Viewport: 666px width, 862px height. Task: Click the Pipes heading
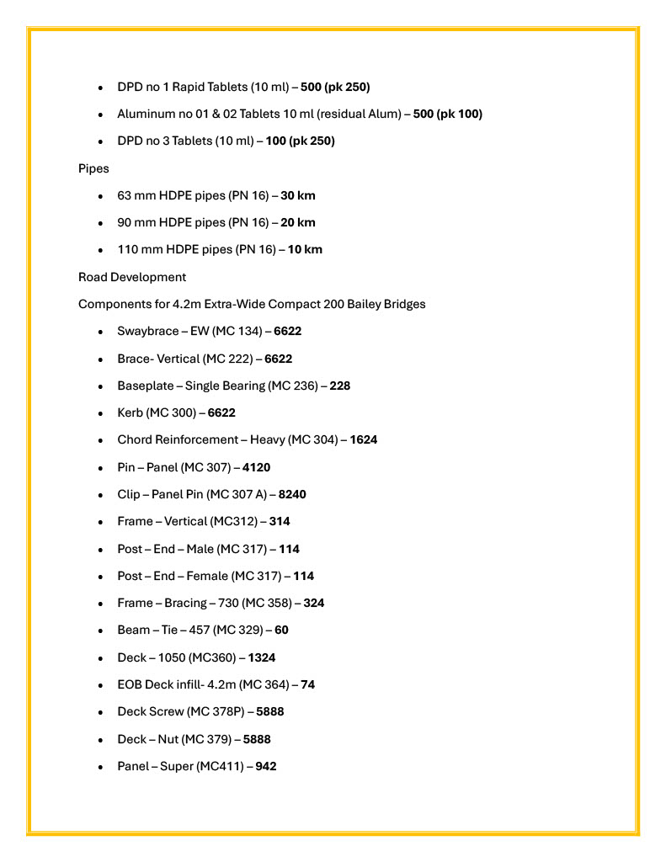click(x=93, y=168)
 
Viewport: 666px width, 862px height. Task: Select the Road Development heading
click(x=132, y=277)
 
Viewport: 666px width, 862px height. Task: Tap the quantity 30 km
click(x=298, y=195)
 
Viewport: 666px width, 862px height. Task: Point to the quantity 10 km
click(x=305, y=249)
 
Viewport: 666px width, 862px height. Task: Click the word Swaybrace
click(x=147, y=331)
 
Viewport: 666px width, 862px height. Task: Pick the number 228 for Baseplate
click(x=339, y=386)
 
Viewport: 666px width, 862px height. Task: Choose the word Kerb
click(x=131, y=412)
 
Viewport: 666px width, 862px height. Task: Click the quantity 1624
click(x=364, y=439)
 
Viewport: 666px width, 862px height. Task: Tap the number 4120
click(x=256, y=467)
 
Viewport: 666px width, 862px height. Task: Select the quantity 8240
click(x=292, y=494)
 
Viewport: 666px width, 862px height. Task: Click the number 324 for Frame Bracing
click(x=314, y=603)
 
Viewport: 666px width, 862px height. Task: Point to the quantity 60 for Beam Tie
click(x=281, y=630)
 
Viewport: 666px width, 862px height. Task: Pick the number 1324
click(x=261, y=657)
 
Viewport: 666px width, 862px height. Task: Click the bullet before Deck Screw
click(x=101, y=712)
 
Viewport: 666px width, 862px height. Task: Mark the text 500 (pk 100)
click(x=447, y=114)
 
